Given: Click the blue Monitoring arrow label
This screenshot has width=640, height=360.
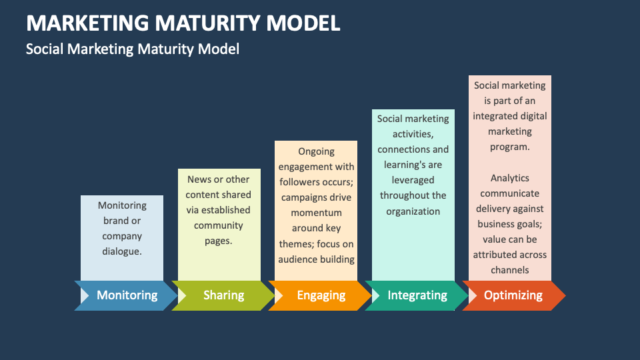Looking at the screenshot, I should click(x=127, y=295).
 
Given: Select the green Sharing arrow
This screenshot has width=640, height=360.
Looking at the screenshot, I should click(x=223, y=295).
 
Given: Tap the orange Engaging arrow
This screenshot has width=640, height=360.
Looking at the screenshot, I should click(x=321, y=295).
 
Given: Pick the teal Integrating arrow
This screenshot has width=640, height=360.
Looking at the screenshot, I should click(x=417, y=295).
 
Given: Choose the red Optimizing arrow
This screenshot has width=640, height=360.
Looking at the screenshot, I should click(x=513, y=295).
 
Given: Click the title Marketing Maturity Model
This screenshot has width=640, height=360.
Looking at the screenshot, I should click(x=183, y=23).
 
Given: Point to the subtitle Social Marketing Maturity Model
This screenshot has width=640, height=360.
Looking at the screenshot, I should click(x=132, y=49).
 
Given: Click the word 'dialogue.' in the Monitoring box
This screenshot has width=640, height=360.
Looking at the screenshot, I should click(x=122, y=251).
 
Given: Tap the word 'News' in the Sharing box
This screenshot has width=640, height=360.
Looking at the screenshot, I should click(x=199, y=179).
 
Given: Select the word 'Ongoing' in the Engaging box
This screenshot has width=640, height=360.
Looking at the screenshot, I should click(x=316, y=151).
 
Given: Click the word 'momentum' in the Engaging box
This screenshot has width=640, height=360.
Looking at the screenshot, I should click(x=316, y=213).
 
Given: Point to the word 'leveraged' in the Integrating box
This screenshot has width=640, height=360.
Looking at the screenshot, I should click(x=413, y=180).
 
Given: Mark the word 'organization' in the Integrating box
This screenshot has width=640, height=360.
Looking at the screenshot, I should click(x=413, y=211).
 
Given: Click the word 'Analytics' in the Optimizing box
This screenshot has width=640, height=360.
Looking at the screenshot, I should click(x=509, y=178).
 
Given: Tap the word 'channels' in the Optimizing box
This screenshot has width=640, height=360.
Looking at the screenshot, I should click(x=509, y=270).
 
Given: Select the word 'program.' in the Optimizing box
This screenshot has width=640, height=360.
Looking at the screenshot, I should click(x=509, y=147).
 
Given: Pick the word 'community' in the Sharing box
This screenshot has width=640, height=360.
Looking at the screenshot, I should click(x=219, y=225).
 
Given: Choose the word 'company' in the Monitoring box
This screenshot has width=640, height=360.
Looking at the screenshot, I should click(x=122, y=236).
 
